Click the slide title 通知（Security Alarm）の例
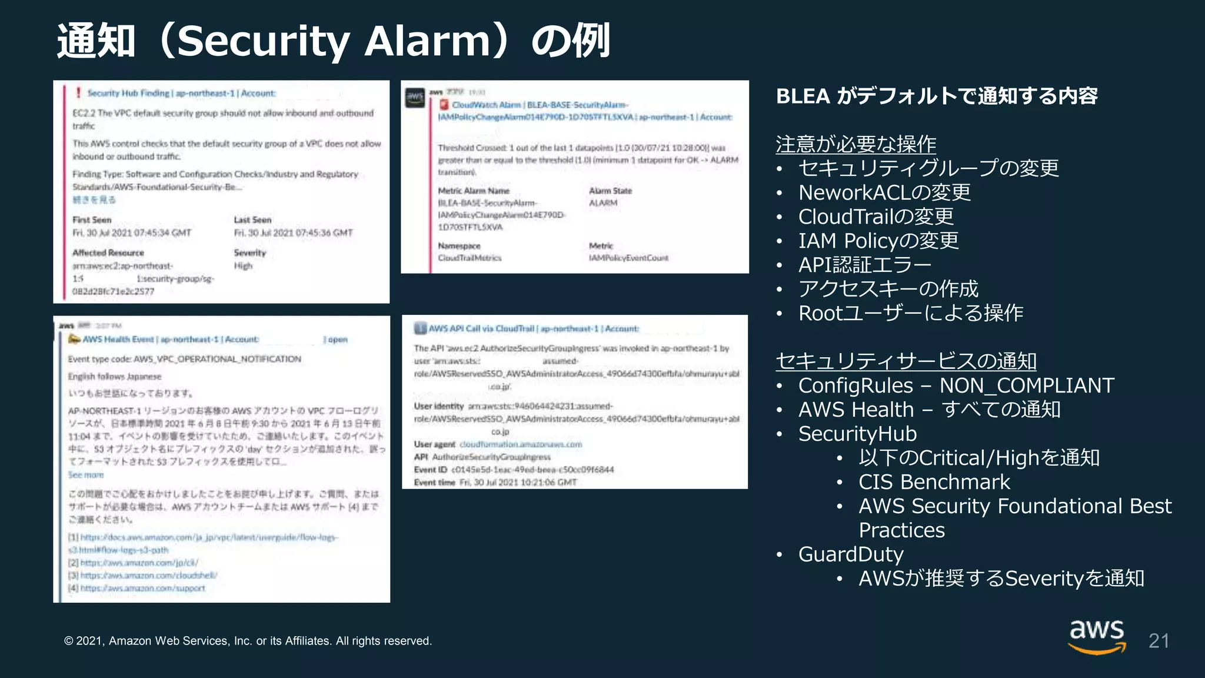pos(333,41)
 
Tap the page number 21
pos(1158,641)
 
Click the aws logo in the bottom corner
pos(1097,636)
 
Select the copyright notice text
pos(248,641)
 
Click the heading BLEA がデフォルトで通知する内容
pos(937,96)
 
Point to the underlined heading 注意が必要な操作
pos(856,144)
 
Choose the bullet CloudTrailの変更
pos(876,217)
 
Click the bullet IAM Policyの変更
pos(878,241)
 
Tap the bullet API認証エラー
pos(864,265)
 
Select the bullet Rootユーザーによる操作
pos(910,313)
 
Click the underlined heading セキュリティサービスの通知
pos(906,361)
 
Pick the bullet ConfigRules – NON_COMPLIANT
pos(956,385)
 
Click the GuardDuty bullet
pos(850,554)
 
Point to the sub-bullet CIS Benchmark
pos(934,482)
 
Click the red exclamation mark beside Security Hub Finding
pos(78,93)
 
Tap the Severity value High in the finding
pos(243,266)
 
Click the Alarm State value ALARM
pos(603,203)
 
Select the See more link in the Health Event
pos(86,475)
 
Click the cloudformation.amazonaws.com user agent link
pos(521,444)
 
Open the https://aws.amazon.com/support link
pos(142,588)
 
